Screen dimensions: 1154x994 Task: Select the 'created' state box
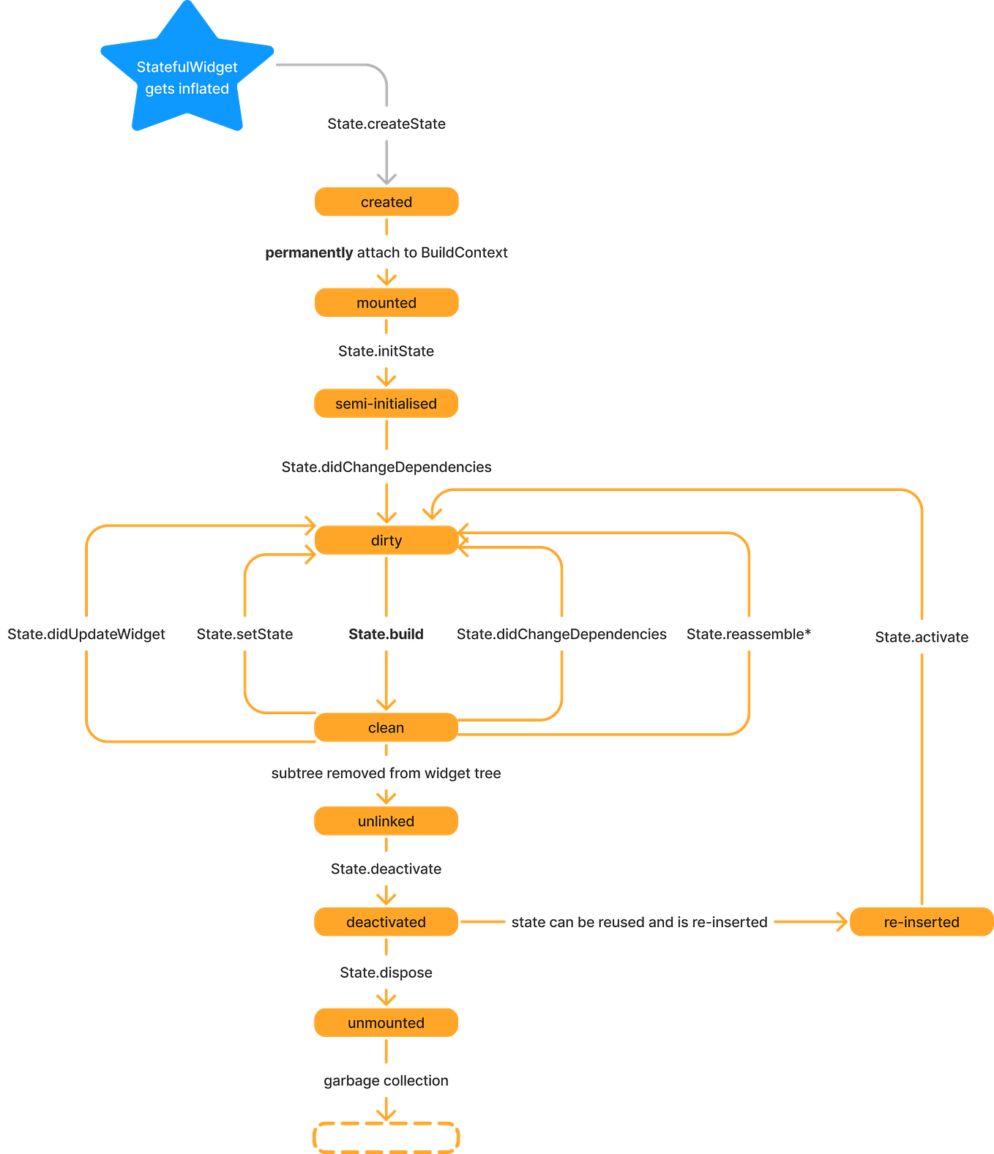[386, 202]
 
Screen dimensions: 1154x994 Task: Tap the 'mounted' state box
[386, 303]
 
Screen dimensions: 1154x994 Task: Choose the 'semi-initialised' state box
[386, 404]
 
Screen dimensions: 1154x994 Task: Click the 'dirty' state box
[386, 541]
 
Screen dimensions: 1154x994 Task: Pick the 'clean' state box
[386, 728]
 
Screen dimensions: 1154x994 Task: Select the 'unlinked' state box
[386, 821]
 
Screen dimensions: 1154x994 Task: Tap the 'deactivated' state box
[386, 922]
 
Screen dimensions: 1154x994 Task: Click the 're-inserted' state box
[921, 922]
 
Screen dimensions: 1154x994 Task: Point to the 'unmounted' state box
[386, 1023]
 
